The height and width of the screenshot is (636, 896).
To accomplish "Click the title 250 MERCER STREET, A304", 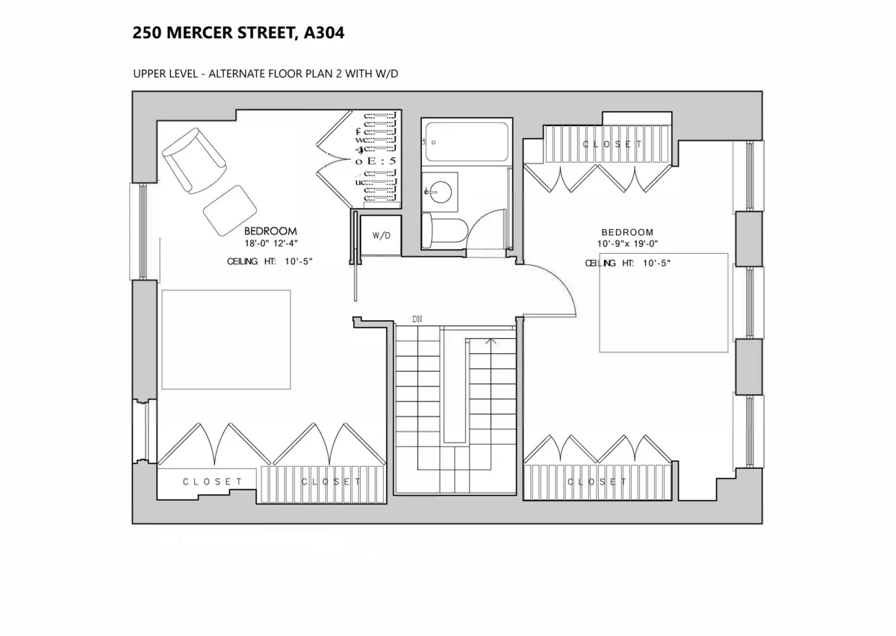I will coord(238,33).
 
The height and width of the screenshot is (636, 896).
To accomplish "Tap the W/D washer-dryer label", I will coord(382,235).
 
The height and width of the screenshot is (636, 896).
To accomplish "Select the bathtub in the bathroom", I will coord(466,142).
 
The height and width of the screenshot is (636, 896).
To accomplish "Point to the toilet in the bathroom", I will coord(443,230).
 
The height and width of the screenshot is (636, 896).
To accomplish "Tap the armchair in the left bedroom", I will coord(193,160).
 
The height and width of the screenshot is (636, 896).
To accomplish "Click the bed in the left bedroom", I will coord(226,340).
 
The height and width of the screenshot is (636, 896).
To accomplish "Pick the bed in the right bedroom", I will coord(663,302).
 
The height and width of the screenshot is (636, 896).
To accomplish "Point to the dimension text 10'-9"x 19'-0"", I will coord(627,244).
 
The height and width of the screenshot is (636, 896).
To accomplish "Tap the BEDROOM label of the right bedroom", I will coord(627,232).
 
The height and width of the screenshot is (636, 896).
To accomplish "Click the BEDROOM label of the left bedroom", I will coord(271,231).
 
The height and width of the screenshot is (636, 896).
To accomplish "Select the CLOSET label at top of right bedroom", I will coord(612,144).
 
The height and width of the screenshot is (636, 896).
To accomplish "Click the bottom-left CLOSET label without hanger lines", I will coord(213,482).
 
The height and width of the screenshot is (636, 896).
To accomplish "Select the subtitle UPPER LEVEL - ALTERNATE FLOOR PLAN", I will coord(269,74).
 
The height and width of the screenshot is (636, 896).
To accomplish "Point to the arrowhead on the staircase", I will coord(491,342).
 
